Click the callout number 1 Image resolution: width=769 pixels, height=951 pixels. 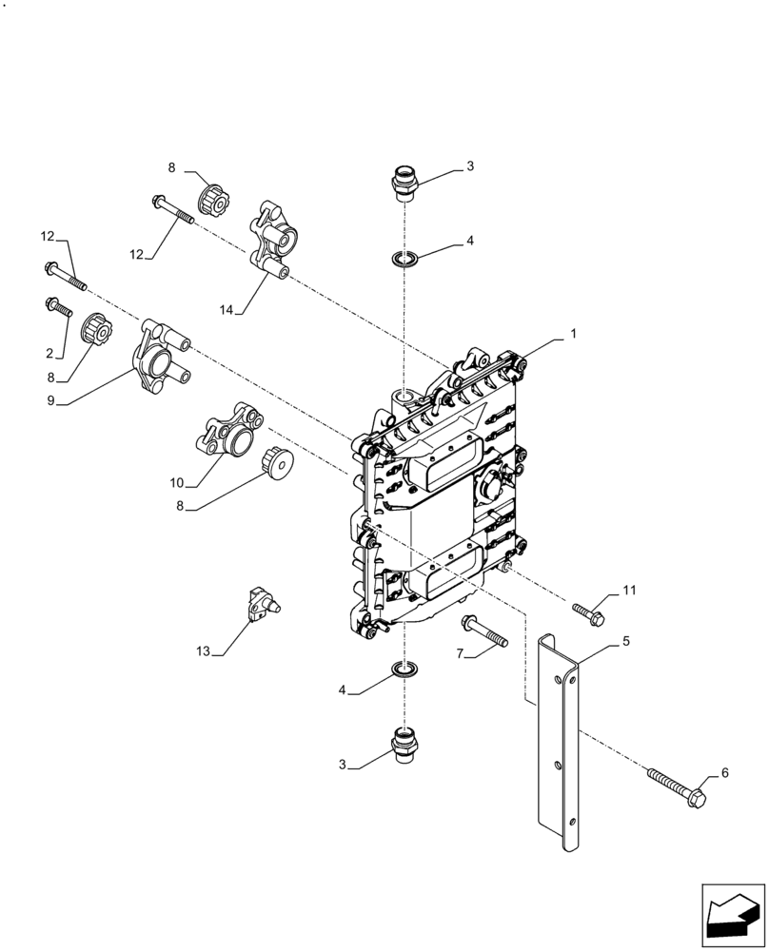click(x=573, y=335)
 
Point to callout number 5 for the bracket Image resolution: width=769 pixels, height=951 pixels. click(x=626, y=642)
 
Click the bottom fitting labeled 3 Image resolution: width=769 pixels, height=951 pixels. click(x=404, y=742)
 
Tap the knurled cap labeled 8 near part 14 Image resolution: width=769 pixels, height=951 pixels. click(x=212, y=202)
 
